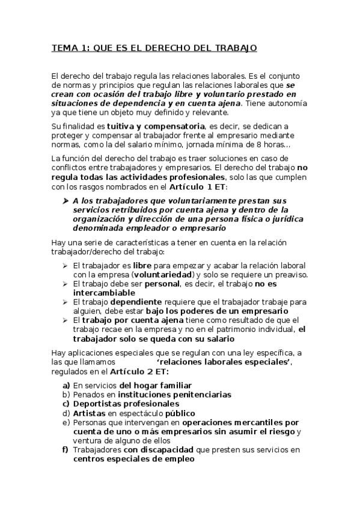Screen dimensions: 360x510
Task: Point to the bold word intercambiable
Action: coord(102,293)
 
